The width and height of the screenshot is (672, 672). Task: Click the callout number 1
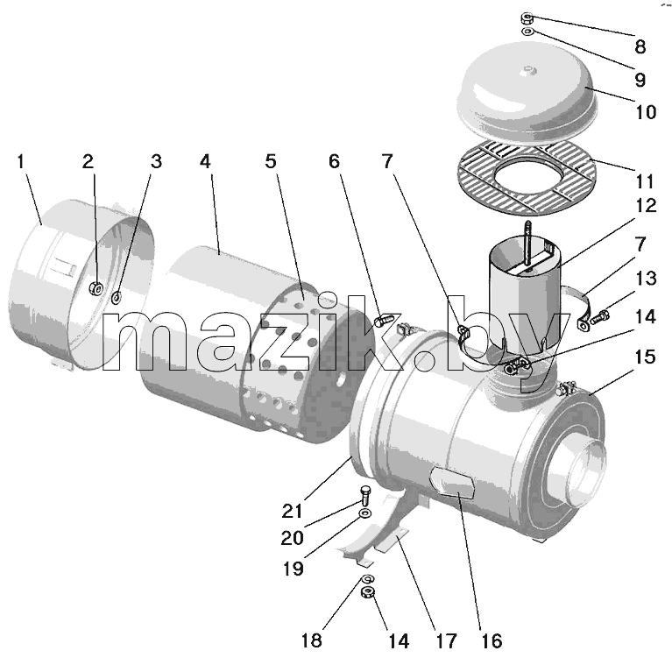pos(21,162)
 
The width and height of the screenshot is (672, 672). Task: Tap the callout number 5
pos(271,161)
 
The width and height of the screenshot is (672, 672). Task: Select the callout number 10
pos(646,112)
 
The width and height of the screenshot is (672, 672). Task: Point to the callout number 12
pos(646,206)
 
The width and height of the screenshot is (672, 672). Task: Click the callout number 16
pos(492,641)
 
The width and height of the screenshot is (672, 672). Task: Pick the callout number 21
pos(293,511)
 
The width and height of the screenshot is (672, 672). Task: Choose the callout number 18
pos(312,640)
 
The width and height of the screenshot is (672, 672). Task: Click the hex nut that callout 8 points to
pos(527,18)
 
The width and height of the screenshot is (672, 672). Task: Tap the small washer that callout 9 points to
pos(527,32)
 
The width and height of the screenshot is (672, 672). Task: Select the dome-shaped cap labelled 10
pos(527,99)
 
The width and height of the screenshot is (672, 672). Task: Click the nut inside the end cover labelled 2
pos(95,289)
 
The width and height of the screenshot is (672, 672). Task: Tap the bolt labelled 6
pos(383,321)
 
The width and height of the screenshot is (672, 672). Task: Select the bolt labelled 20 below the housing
pos(365,495)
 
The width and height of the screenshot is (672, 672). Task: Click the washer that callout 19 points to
pos(365,513)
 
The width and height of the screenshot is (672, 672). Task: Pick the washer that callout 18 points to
pos(368,579)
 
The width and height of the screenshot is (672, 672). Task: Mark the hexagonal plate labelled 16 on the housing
pos(453,482)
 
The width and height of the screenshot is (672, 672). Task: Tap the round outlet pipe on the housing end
pos(585,471)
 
